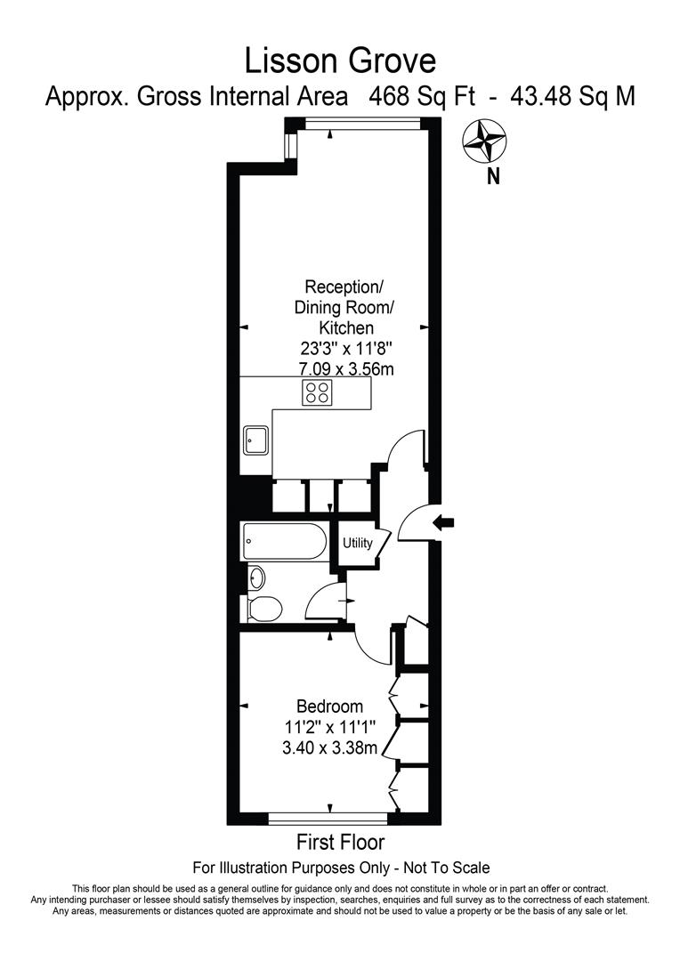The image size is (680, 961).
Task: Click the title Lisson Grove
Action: click(x=341, y=61)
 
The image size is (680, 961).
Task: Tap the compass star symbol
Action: click(x=486, y=140)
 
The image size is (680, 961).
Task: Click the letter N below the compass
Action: click(x=493, y=176)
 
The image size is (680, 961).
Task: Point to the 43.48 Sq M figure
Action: click(x=572, y=96)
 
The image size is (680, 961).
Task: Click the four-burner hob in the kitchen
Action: click(x=316, y=392)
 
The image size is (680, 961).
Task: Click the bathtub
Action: click(x=284, y=541)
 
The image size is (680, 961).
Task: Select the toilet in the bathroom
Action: click(x=265, y=609)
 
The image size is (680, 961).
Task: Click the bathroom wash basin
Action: click(x=256, y=577)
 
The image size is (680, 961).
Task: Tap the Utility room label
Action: click(x=357, y=542)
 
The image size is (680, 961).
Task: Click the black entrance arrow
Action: click(x=442, y=524)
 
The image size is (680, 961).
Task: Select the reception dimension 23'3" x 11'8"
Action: click(x=344, y=349)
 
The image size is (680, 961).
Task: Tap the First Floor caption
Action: click(x=341, y=842)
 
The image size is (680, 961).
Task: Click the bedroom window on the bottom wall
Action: click(x=328, y=818)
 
